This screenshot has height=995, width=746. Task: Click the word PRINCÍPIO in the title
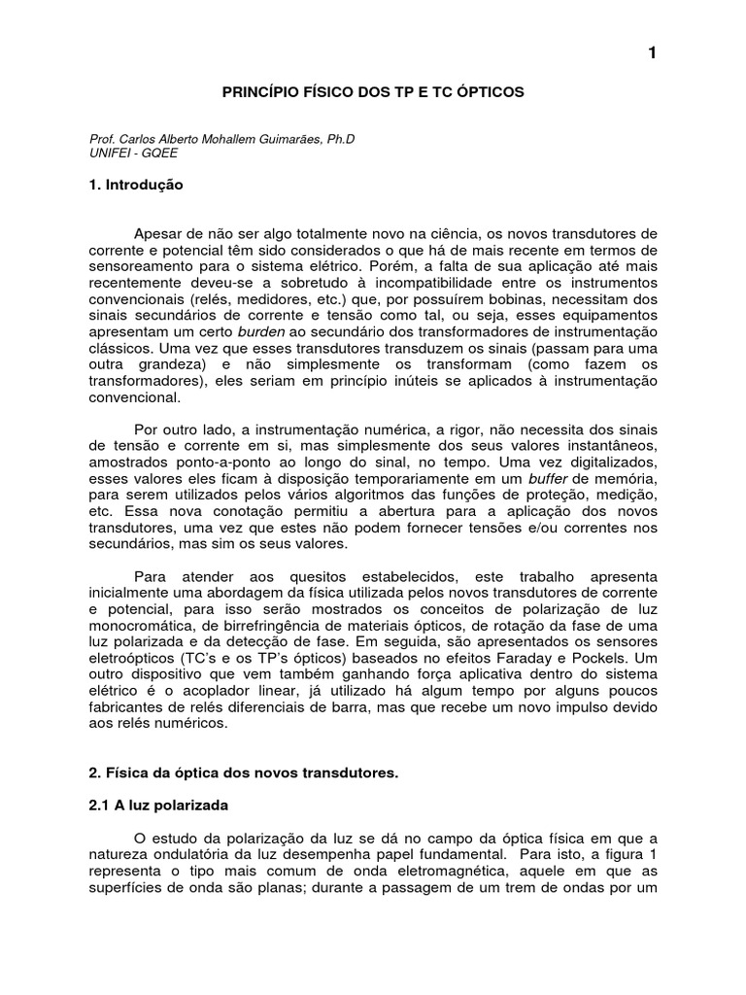(x=258, y=91)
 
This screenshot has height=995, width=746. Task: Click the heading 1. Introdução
(x=136, y=184)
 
